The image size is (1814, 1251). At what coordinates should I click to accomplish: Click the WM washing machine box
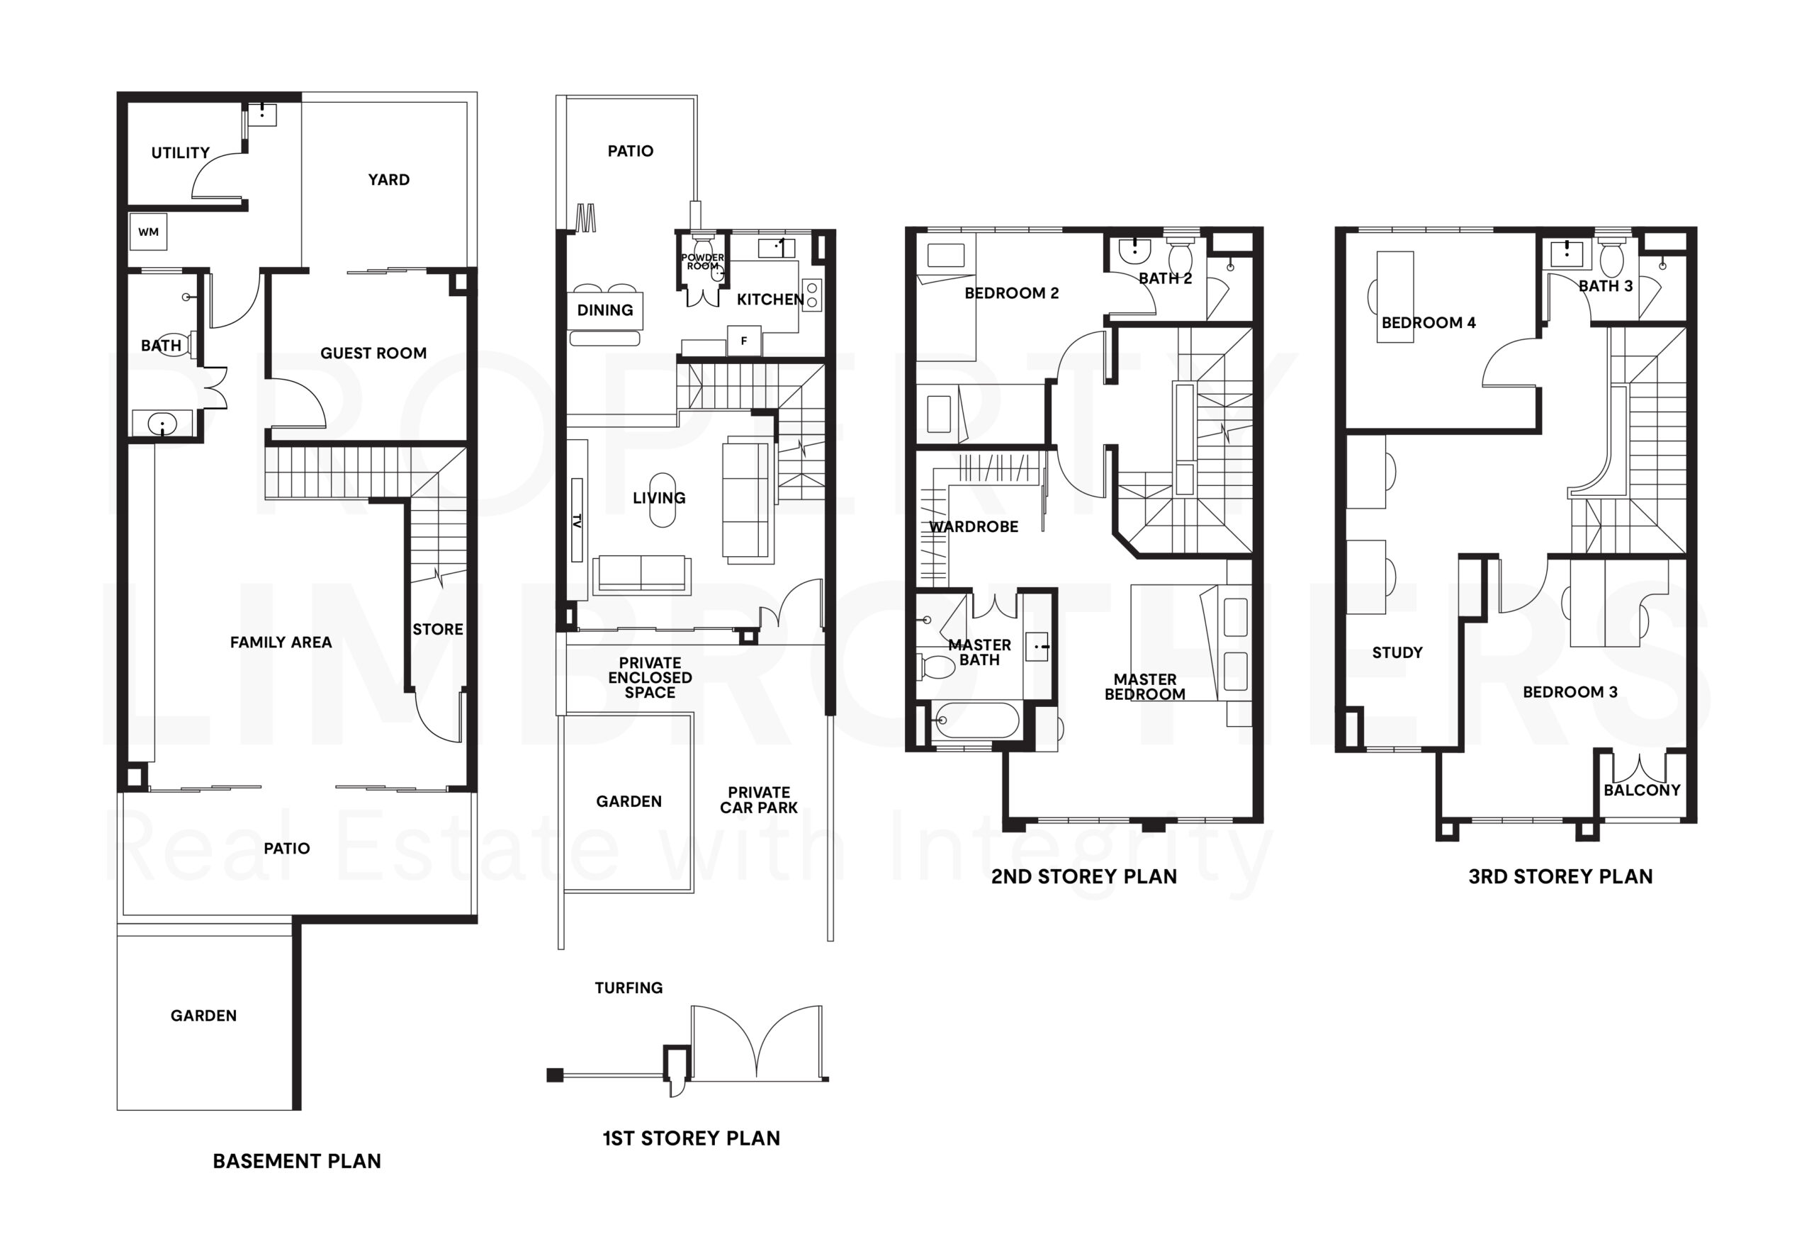click(x=148, y=232)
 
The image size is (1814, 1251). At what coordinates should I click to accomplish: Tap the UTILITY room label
click(x=180, y=153)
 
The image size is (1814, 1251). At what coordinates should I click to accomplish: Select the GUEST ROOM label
click(x=373, y=353)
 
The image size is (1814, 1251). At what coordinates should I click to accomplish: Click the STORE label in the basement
click(x=437, y=630)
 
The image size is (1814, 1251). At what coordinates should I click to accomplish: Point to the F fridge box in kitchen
click(x=743, y=341)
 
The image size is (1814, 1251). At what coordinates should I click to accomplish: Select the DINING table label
click(x=605, y=310)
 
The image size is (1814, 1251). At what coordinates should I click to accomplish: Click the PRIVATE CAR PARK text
click(x=758, y=800)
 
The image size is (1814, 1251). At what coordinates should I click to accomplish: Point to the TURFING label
click(x=628, y=987)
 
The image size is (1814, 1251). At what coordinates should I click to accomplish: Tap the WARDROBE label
click(x=974, y=527)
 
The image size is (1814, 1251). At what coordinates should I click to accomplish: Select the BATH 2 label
click(x=1165, y=278)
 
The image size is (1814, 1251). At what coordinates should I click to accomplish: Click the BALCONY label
click(x=1642, y=790)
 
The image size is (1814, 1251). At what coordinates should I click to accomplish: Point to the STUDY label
click(x=1397, y=652)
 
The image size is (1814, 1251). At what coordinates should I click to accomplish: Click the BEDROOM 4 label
click(x=1429, y=323)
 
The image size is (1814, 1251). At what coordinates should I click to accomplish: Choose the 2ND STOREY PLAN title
click(x=1083, y=876)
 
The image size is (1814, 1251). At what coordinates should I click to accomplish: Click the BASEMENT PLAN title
click(x=296, y=1161)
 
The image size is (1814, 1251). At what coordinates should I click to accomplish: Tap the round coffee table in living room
click(x=663, y=500)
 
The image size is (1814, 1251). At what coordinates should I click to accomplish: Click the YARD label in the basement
click(x=389, y=179)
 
